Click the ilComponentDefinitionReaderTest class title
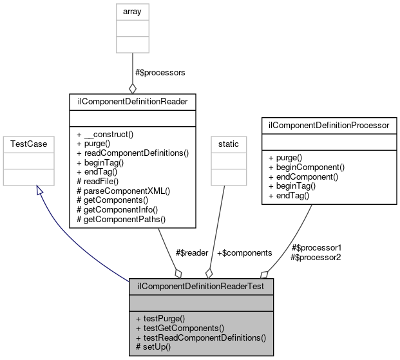coord(201,285)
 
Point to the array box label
coord(132,11)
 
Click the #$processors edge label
coord(160,73)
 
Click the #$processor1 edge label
coord(316,247)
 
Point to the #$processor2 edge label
coord(316,257)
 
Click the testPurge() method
coord(160,318)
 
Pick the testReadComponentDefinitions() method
coord(201,337)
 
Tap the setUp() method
coord(154,347)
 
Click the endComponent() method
coord(307,176)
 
